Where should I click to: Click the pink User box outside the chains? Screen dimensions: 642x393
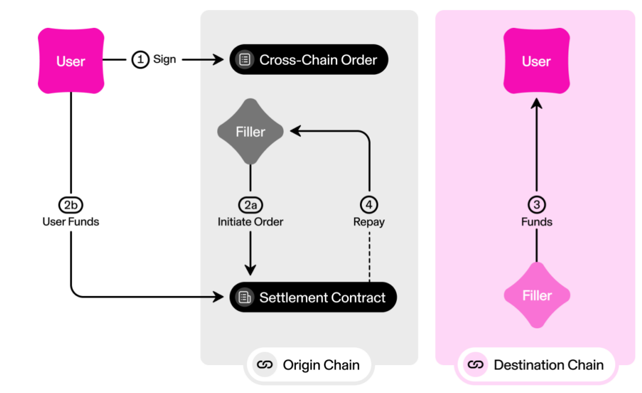(x=71, y=61)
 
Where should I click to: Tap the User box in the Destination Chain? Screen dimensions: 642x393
(x=536, y=61)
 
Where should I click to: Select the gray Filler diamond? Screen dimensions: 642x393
(x=250, y=131)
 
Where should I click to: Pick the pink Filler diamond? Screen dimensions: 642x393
(x=537, y=295)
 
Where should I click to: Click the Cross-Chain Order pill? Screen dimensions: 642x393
(x=309, y=59)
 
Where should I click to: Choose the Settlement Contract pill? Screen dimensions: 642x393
(x=313, y=297)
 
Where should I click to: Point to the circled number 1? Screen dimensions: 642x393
(x=140, y=59)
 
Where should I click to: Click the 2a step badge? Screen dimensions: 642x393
(x=251, y=205)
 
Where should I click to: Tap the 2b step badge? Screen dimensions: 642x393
(x=71, y=205)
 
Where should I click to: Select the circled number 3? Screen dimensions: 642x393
(x=537, y=205)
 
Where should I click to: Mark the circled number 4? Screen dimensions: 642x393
(x=369, y=205)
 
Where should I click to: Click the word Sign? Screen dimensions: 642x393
(x=165, y=59)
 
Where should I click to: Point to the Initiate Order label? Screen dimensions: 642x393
(x=251, y=222)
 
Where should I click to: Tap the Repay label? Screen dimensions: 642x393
(x=369, y=222)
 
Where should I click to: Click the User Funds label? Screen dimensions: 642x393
(x=71, y=222)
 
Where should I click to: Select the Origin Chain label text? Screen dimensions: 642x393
(x=321, y=365)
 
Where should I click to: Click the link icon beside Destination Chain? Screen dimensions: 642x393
(x=475, y=365)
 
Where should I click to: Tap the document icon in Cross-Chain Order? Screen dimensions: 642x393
(x=245, y=60)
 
